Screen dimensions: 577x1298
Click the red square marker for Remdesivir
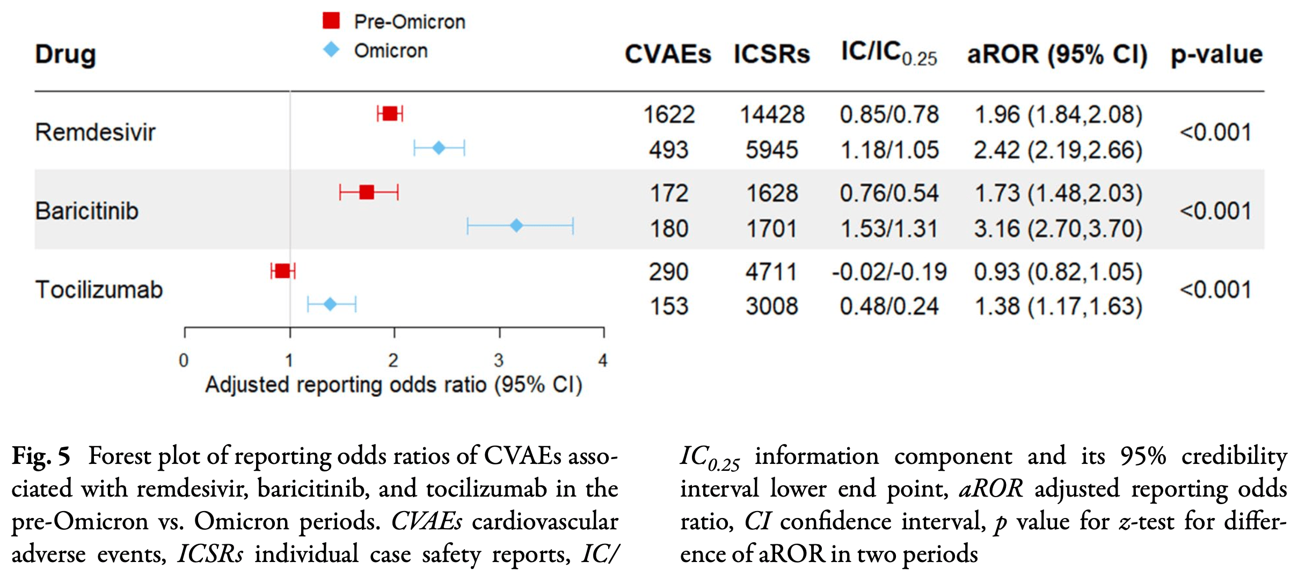pos(390,114)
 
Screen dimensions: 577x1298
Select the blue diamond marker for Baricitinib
pos(516,226)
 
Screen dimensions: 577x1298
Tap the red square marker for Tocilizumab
pos(282,271)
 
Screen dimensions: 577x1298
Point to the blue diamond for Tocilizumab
pos(330,305)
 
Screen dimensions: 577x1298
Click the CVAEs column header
pos(668,54)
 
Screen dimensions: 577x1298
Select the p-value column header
pos(1216,54)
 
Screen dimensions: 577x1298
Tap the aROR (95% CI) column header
pos(1057,54)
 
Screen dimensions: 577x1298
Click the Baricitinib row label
pos(87,211)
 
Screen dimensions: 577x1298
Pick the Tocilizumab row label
pos(99,290)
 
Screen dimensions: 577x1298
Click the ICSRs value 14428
pos(772,115)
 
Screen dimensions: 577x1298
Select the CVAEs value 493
pos(668,150)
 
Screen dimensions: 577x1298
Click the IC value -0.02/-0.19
pos(889,272)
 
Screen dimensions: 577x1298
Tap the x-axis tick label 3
pos(499,360)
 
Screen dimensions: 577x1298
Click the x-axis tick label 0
pos(184,360)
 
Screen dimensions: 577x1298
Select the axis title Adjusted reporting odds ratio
pos(393,385)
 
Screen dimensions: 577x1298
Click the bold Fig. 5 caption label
pos(41,456)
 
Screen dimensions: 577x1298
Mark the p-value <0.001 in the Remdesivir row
pos(1215,132)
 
